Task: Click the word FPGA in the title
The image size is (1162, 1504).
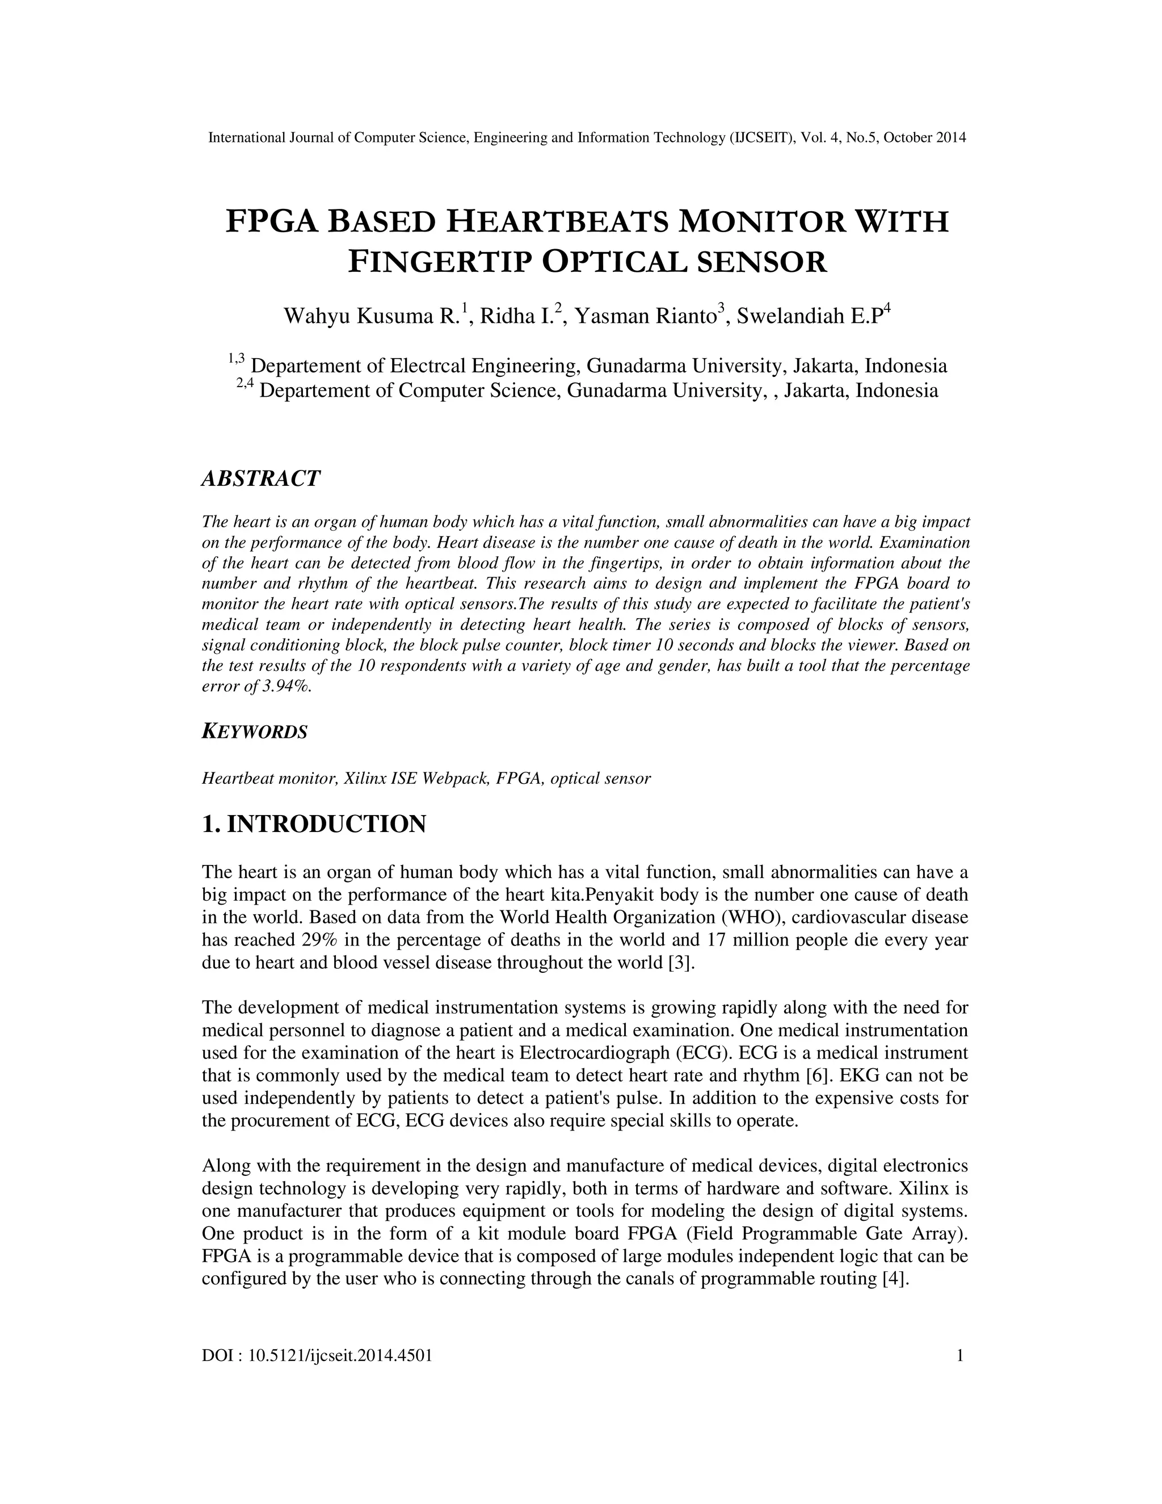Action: click(272, 222)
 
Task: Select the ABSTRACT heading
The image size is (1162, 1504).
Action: click(261, 478)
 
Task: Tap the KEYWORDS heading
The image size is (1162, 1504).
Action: click(254, 732)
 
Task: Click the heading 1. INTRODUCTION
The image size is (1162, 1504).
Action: click(314, 824)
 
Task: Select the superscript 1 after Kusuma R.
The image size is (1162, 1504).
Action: click(465, 308)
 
